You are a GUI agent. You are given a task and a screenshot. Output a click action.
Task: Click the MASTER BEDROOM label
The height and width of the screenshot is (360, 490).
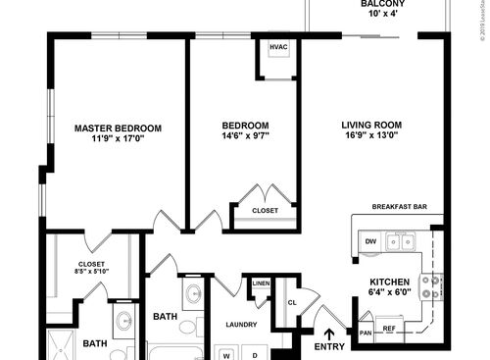point(118,128)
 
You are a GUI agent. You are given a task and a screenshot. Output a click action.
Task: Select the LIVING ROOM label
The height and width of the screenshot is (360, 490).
point(371,125)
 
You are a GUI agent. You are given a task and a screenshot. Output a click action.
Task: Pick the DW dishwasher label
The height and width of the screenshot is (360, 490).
point(370,240)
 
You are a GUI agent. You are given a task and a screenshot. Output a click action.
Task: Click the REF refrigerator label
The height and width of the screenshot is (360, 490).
point(389,328)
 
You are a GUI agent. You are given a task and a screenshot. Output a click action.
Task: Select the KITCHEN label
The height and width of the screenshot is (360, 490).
point(389,282)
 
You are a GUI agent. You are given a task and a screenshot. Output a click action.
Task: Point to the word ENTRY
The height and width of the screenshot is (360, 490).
point(329,347)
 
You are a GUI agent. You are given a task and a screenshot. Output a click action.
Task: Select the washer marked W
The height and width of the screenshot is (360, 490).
point(226,352)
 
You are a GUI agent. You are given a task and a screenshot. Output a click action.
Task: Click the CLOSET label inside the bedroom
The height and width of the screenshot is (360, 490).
point(265,211)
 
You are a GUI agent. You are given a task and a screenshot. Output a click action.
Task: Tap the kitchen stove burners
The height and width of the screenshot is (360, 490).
point(429,285)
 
